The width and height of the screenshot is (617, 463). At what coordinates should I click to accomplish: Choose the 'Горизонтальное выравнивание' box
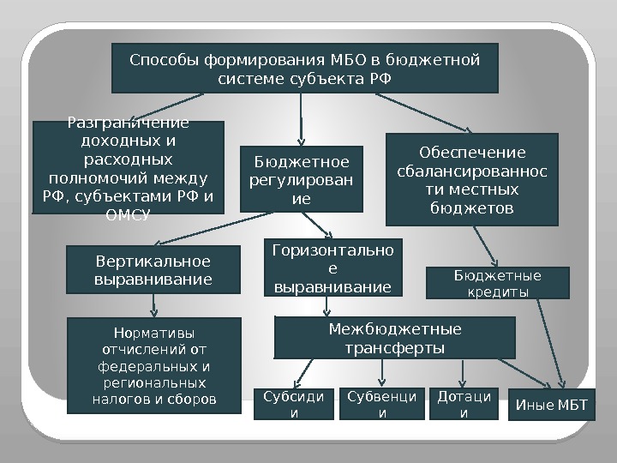coord(332,267)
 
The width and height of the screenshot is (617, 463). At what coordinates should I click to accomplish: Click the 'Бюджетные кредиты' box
coord(497,283)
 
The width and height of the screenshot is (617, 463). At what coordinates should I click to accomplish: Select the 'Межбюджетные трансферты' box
coord(394,339)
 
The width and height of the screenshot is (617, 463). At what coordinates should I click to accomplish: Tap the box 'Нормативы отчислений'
coord(154,365)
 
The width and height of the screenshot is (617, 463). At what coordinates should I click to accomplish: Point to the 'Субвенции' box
coord(382,405)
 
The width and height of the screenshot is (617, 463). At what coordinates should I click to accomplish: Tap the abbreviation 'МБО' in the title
coord(349,61)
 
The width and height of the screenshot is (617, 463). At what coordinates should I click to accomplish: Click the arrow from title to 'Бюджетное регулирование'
coord(301,118)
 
